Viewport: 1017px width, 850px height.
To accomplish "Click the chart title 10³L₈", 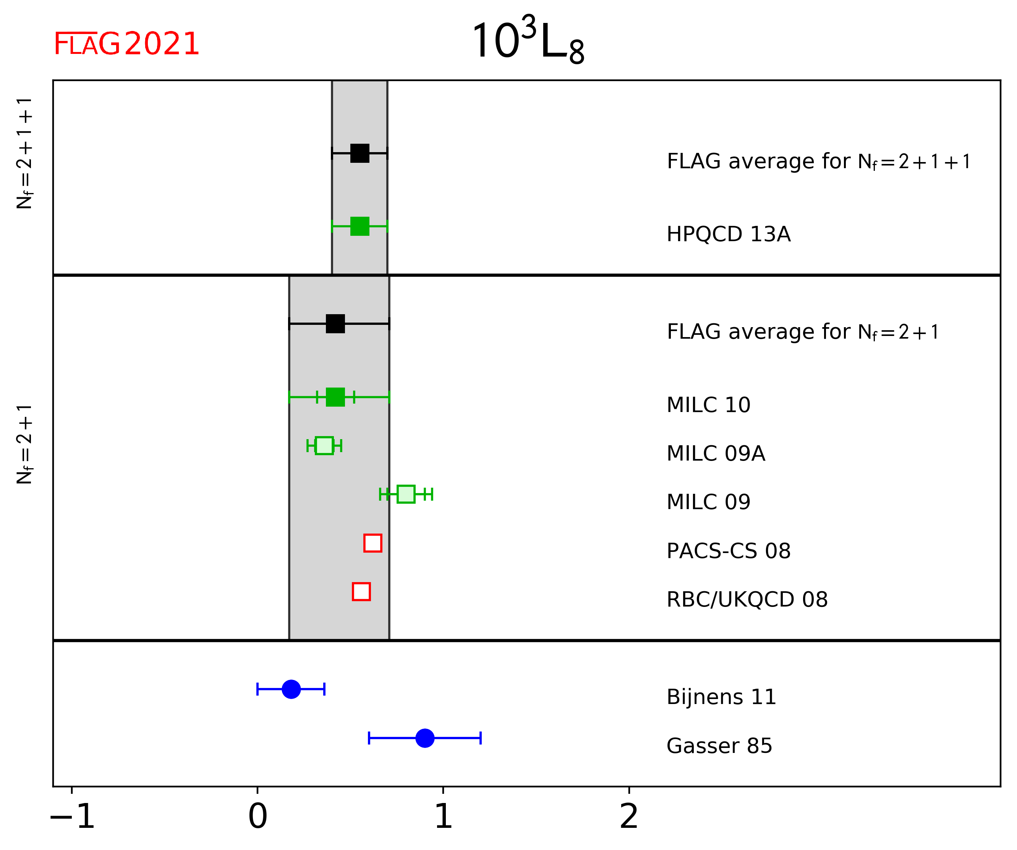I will coord(528,41).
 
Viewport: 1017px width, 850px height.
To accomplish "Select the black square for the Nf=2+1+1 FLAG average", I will coord(360,153).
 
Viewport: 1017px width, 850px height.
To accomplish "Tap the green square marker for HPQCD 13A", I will coord(360,226).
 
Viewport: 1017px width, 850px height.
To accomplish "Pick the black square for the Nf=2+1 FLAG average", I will coord(335,324).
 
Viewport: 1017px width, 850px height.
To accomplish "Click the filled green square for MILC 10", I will coord(335,397).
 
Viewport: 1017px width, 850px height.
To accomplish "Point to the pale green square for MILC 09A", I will coord(324,445).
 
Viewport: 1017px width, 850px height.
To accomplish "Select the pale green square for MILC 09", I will coord(406,494).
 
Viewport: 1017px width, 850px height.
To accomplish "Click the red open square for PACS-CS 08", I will coord(373,543).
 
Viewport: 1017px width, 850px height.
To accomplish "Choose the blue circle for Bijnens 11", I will coord(291,689).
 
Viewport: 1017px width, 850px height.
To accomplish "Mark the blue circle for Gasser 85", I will coord(425,738).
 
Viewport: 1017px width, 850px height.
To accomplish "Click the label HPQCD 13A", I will coord(728,234).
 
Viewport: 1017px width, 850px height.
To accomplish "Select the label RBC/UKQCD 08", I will coord(747,599).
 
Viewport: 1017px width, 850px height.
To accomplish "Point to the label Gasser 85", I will coord(719,746).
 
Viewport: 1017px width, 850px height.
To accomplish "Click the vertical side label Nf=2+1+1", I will coord(24,153).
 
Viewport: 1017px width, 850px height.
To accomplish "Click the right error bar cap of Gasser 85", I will coord(480,738).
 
